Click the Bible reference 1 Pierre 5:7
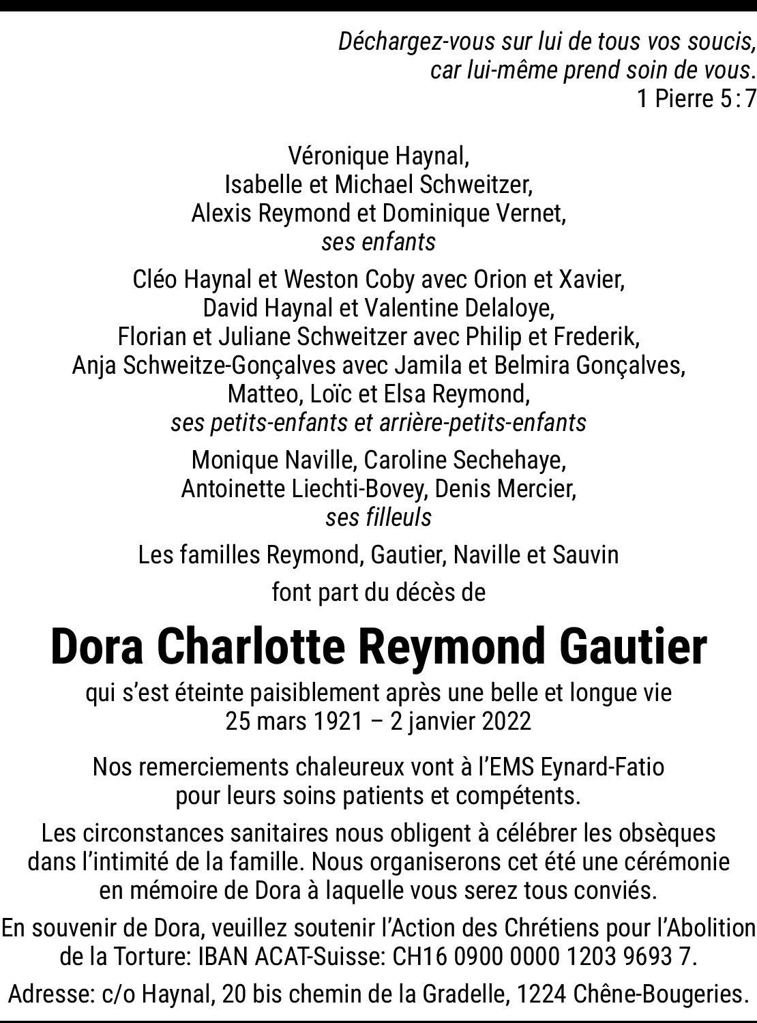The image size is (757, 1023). [696, 100]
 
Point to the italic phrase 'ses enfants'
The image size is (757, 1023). [378, 242]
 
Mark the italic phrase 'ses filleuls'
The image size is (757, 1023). [378, 518]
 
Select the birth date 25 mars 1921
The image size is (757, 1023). [294, 722]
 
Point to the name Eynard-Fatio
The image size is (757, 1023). [602, 767]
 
